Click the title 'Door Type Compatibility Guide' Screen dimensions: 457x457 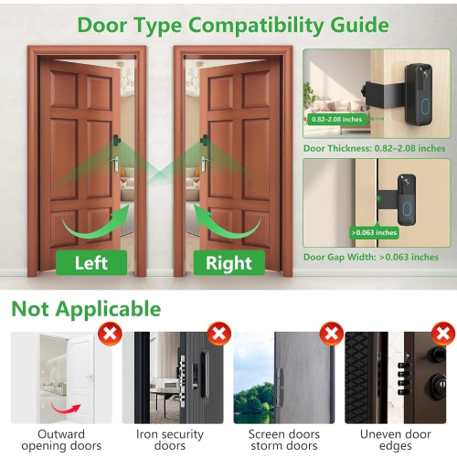click(232, 25)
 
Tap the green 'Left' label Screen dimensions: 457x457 click(91, 263)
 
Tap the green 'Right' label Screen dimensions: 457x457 click(228, 263)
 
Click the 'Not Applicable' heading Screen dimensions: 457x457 click(86, 308)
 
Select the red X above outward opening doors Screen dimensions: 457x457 click(109, 334)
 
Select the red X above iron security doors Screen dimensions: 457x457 click(219, 334)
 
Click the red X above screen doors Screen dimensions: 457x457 click(331, 334)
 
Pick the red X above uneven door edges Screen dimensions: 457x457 click(441, 334)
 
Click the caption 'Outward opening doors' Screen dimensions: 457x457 click(61, 440)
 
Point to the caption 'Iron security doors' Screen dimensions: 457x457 click(173, 440)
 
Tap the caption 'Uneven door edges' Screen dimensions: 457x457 click(395, 440)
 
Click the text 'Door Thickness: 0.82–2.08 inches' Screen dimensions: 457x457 click(375, 148)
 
